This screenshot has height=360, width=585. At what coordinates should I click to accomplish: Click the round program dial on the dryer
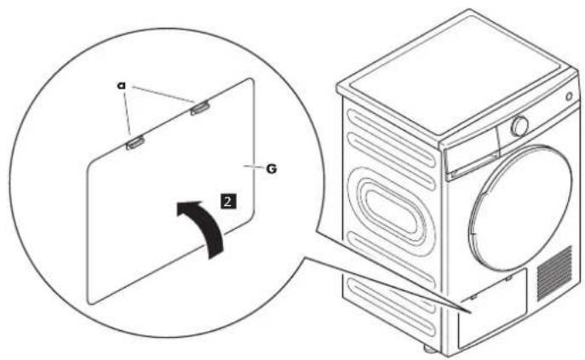pos(519,127)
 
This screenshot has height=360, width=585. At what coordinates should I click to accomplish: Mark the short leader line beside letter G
pos(254,167)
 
